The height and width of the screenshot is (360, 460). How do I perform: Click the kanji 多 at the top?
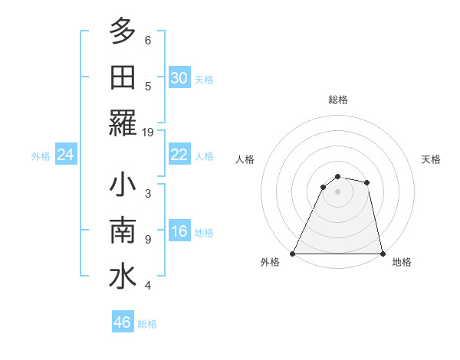tap(123, 31)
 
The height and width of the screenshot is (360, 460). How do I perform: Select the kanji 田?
tap(123, 77)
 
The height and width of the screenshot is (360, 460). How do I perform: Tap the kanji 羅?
tap(123, 123)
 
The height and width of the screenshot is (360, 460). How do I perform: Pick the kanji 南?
tap(123, 231)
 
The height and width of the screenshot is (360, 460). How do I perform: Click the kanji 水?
tap(123, 277)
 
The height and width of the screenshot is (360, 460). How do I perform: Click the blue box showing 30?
tap(179, 78)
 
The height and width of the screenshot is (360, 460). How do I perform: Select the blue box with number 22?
tap(179, 155)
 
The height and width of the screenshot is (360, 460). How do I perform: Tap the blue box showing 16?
tap(179, 232)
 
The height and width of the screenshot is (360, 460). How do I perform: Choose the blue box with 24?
tap(66, 155)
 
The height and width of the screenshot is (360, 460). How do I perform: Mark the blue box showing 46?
tap(122, 322)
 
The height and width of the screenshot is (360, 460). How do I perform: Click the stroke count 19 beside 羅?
tap(148, 132)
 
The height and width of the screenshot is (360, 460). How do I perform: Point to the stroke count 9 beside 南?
tap(148, 240)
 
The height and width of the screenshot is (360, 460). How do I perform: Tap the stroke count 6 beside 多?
tap(148, 40)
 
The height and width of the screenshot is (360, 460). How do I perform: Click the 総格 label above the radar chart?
tap(337, 100)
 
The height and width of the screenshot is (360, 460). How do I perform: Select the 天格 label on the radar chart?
tap(432, 159)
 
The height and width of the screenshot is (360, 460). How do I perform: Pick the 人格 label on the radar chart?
tap(245, 159)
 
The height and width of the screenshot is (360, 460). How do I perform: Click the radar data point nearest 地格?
tap(382, 253)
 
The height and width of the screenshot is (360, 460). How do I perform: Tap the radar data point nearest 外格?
tap(293, 253)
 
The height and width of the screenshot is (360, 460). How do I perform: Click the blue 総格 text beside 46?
tap(147, 324)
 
